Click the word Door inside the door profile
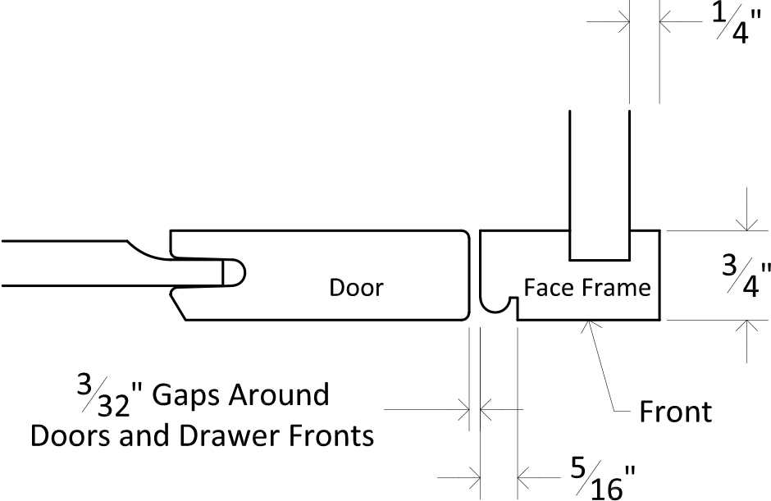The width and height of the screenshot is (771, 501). tap(356, 288)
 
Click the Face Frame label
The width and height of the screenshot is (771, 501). tap(587, 288)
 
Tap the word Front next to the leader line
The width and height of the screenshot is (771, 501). tap(675, 412)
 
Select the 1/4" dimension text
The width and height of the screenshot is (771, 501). tap(736, 22)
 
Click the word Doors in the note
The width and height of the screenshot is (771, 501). tap(71, 435)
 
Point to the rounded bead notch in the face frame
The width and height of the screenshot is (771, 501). tap(498, 306)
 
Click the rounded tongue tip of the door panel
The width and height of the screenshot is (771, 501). tap(235, 272)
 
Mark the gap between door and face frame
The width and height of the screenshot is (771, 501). tap(475, 276)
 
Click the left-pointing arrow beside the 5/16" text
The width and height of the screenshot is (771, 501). tap(539, 477)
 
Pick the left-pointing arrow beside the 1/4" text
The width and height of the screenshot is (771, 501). tap(681, 22)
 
